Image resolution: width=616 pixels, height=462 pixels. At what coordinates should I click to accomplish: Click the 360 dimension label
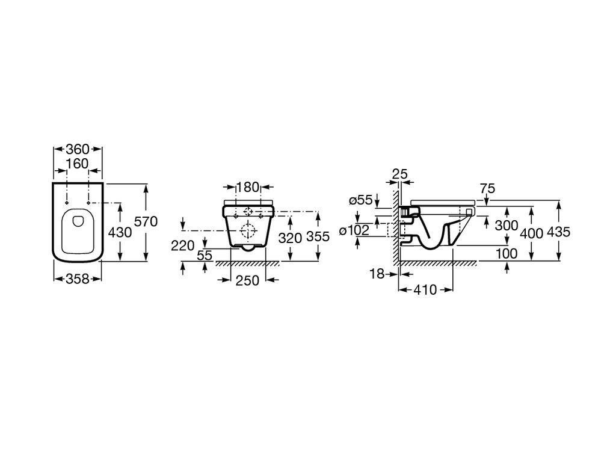point(78,149)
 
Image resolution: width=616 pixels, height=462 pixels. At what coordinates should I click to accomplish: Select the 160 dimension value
point(77,164)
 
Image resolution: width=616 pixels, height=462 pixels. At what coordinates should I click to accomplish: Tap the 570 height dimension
point(146,222)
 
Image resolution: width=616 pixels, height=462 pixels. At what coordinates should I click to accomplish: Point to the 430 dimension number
point(120,232)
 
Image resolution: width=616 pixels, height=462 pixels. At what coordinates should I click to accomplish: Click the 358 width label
point(78,279)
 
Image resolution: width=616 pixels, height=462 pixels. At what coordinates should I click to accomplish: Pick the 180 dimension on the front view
point(247,187)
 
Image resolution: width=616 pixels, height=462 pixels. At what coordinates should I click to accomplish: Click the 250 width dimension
point(248,280)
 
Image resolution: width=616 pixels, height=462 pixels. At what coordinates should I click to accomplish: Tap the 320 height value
point(289,237)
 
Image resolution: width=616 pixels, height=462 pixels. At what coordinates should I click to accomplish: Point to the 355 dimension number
point(318,237)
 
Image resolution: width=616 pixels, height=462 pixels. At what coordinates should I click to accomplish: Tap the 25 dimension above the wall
point(400,174)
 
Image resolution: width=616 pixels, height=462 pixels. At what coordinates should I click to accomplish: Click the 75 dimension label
point(487,188)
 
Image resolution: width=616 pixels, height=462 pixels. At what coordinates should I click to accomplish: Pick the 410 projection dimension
point(425,290)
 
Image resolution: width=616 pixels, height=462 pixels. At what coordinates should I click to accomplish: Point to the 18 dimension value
point(377,274)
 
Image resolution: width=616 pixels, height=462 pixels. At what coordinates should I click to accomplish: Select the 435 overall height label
point(559,232)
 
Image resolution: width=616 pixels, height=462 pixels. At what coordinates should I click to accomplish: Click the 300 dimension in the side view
point(506,226)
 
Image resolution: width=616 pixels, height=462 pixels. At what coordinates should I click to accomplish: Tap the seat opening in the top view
point(77,229)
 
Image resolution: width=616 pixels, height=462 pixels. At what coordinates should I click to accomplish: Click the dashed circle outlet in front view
point(247,230)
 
